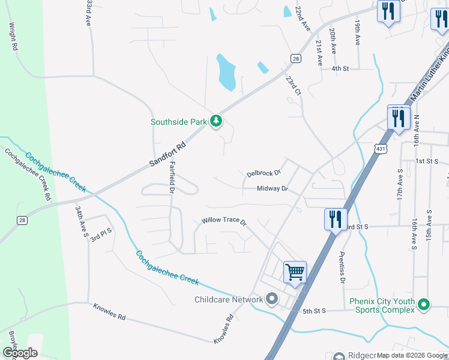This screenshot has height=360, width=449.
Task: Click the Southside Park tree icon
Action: point(217,122)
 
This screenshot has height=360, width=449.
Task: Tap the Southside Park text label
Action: point(178,122)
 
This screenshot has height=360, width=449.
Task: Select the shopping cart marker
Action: point(295,272)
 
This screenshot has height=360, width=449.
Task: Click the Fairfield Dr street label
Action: point(172,177)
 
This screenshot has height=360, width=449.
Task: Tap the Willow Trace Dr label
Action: point(224,221)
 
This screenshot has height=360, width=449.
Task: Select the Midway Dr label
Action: point(273,189)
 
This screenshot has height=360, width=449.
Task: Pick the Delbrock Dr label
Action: point(264,173)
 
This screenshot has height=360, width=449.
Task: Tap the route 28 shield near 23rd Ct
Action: point(295,58)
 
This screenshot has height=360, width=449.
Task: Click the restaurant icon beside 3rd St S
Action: point(335,219)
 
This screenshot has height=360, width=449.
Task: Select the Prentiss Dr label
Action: point(342,268)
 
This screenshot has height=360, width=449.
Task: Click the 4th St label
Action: point(340,69)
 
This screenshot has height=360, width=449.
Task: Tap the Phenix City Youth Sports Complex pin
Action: point(424,305)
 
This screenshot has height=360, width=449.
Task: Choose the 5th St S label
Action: point(314,311)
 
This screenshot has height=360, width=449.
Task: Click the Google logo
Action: point(20,353)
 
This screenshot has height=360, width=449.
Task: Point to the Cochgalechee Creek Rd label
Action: point(28,173)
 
